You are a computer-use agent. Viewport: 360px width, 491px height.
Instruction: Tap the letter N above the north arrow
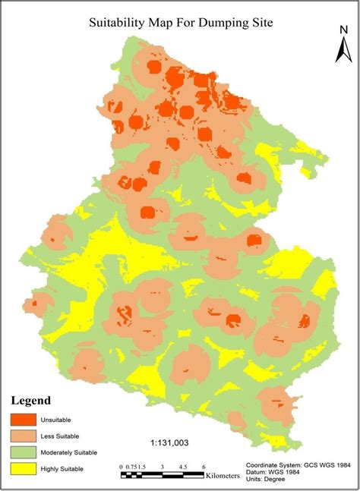pyautogui.click(x=343, y=30)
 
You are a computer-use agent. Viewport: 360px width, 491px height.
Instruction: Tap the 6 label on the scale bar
pyautogui.click(x=204, y=466)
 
